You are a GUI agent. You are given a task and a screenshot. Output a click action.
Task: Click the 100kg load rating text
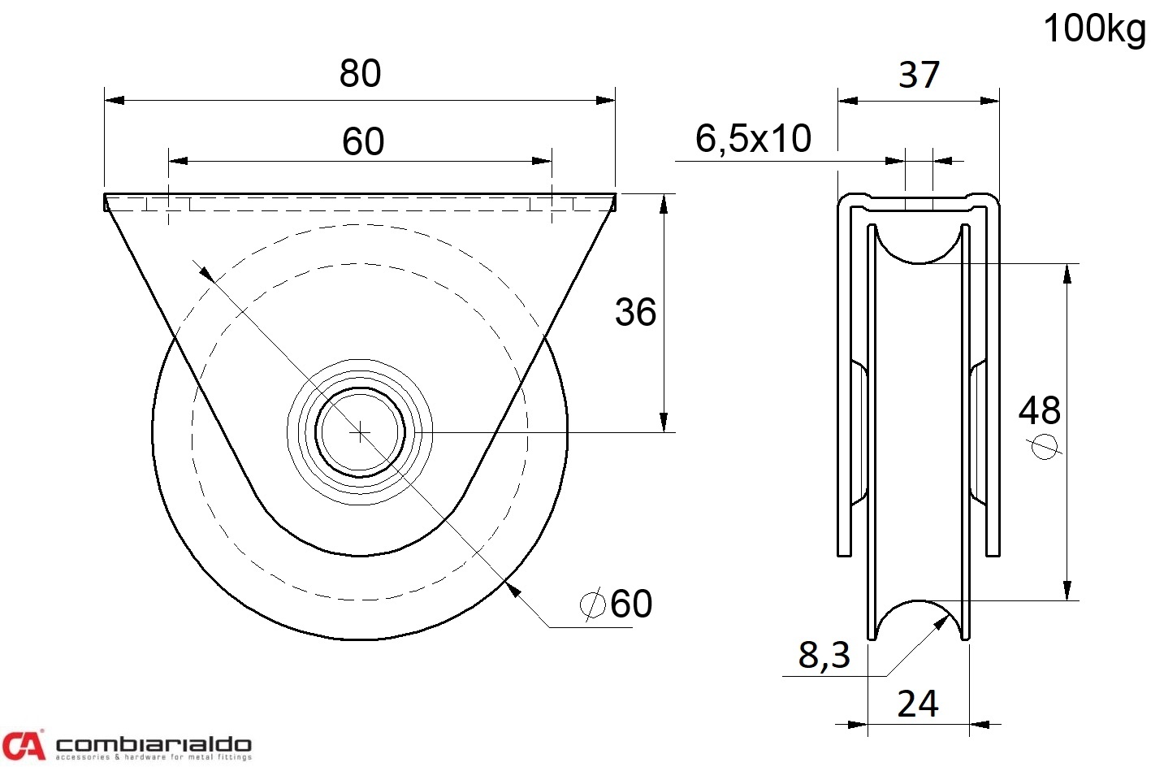[1094, 30]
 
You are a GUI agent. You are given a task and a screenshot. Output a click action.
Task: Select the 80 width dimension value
[360, 73]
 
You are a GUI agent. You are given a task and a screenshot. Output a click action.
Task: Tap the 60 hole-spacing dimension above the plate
[363, 141]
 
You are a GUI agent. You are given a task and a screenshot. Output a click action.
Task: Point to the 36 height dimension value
[636, 311]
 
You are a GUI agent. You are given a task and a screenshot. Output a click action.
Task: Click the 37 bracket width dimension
[920, 75]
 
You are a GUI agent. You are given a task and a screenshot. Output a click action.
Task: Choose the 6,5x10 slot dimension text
[753, 139]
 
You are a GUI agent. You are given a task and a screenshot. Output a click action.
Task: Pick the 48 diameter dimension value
[1040, 410]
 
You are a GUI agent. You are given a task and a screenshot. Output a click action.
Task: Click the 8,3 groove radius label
[824, 656]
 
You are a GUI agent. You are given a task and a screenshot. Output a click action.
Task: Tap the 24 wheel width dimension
[918, 704]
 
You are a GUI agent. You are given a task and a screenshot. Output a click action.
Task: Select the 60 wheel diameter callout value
[631, 604]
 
